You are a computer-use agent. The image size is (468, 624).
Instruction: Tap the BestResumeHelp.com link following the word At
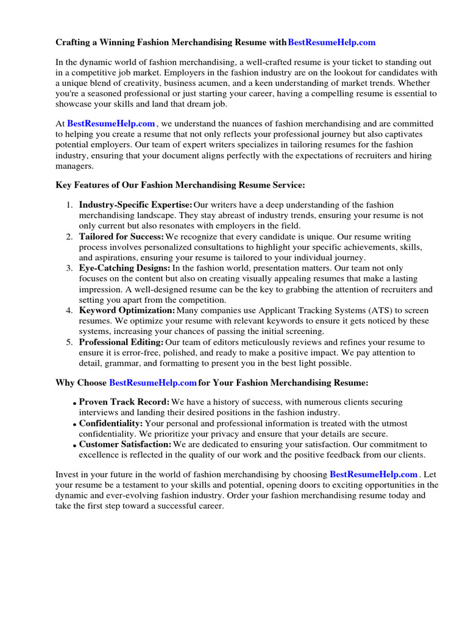click(x=111, y=124)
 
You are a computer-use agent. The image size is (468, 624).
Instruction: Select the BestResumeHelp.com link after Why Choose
click(x=152, y=383)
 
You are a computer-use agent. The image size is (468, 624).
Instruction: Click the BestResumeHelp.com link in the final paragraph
click(x=374, y=474)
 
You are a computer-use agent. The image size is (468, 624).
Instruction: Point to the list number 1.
click(x=70, y=205)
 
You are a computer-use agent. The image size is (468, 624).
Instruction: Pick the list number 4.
click(x=70, y=311)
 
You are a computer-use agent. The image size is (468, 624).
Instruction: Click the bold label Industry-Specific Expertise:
click(x=135, y=205)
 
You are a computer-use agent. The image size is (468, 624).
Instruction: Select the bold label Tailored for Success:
click(x=121, y=236)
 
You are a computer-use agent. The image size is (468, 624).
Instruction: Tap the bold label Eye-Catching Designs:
click(x=124, y=268)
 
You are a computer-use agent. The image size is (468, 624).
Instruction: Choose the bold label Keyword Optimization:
click(x=127, y=311)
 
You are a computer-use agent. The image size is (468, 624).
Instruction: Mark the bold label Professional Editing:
click(x=121, y=342)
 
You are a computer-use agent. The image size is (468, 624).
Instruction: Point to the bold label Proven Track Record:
click(x=124, y=402)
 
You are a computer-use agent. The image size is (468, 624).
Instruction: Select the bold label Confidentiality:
click(x=111, y=424)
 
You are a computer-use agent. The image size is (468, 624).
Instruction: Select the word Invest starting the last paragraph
click(x=68, y=474)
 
